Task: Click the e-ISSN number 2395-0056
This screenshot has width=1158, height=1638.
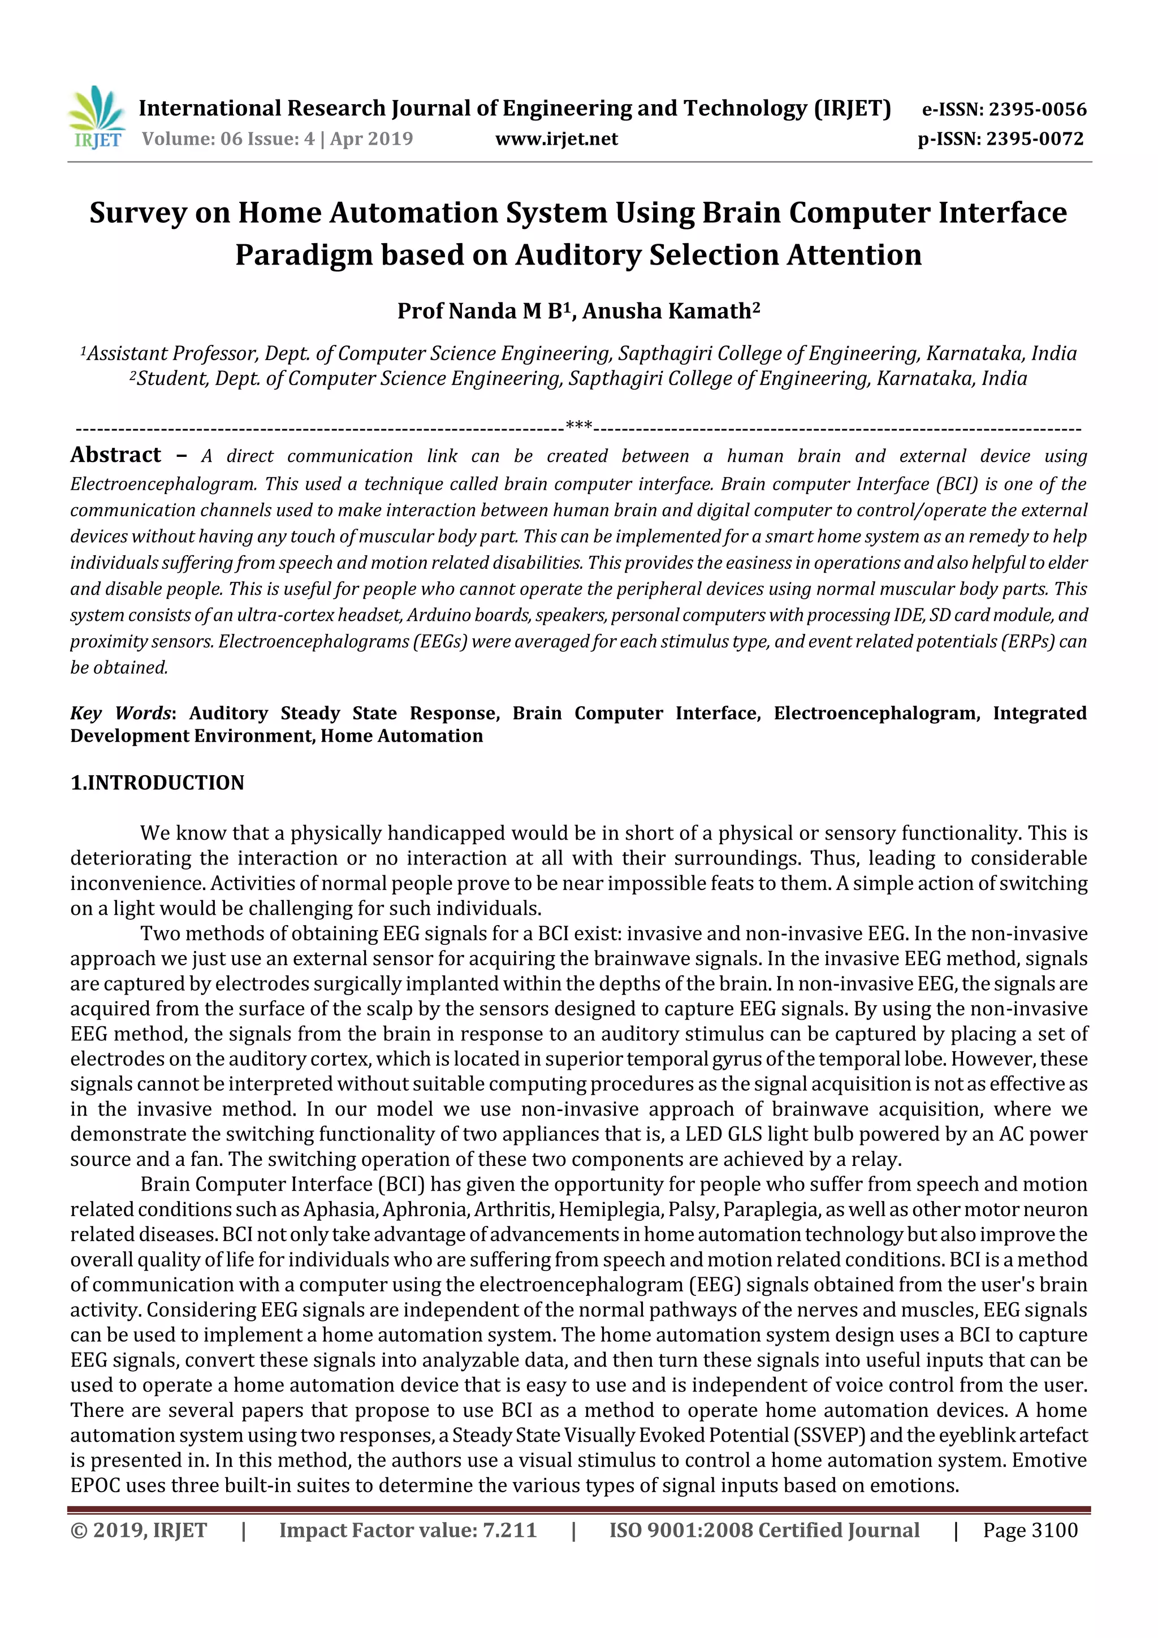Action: (x=1038, y=110)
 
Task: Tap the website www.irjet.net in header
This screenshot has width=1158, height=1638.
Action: (x=556, y=139)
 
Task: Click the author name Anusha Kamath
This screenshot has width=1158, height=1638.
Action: (x=667, y=312)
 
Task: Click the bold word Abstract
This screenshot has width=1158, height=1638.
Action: (x=115, y=455)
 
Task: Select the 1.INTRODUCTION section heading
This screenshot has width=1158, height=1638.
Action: (x=157, y=783)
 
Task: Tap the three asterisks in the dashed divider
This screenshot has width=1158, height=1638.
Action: (x=578, y=427)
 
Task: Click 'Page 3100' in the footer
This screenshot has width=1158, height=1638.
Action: (x=1030, y=1530)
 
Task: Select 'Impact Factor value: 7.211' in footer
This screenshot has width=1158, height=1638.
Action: (x=408, y=1530)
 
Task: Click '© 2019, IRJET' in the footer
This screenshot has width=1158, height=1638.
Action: (x=139, y=1530)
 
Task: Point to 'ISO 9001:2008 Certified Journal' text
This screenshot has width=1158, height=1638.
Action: (x=763, y=1530)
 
